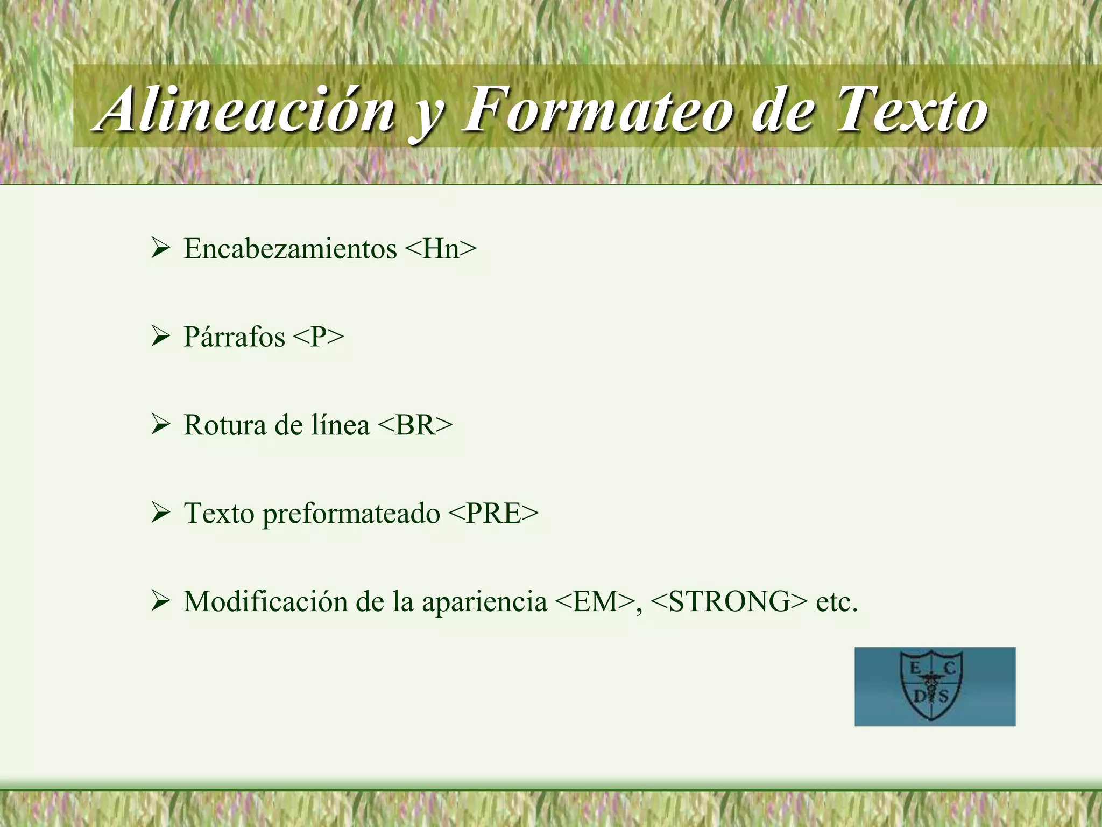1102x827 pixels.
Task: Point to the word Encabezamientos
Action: point(290,249)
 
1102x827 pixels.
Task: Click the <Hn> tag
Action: point(440,249)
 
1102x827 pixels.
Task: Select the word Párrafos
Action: point(234,338)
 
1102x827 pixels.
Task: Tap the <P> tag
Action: point(318,337)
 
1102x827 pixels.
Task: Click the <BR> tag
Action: point(415,425)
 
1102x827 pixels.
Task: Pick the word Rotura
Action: point(224,425)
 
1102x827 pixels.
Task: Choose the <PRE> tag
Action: point(492,513)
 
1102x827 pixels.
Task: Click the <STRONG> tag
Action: point(729,601)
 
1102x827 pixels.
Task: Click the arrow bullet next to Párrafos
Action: point(160,337)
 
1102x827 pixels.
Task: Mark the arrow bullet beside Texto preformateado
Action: point(160,513)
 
